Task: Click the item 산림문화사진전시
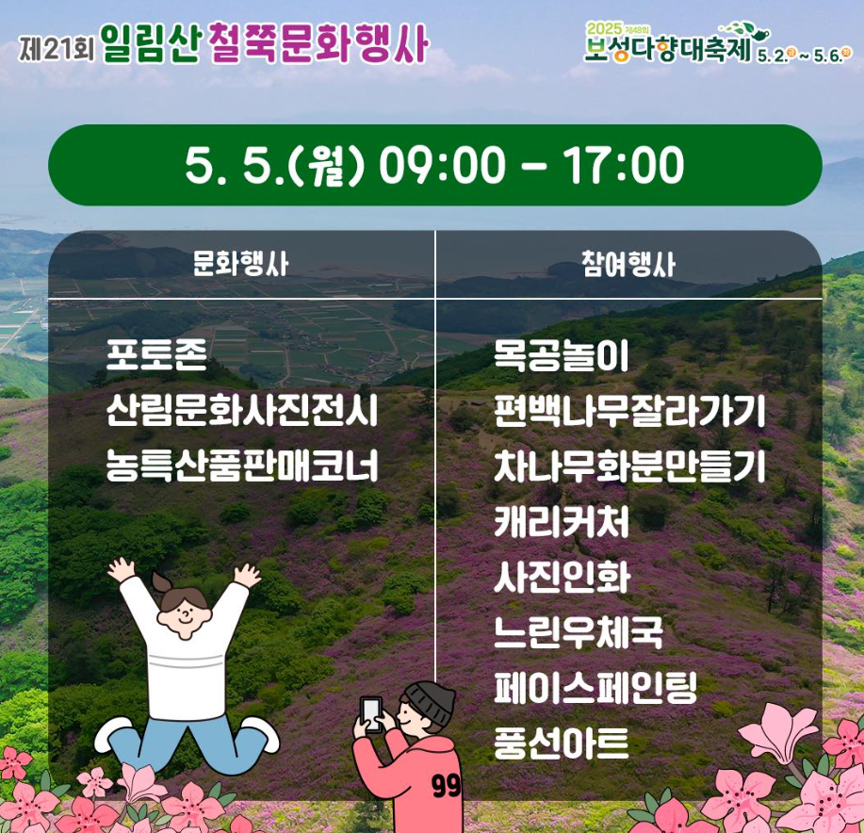242,412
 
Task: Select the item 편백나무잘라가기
629,412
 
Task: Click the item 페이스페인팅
595,687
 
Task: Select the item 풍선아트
562,743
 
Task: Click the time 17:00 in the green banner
624,167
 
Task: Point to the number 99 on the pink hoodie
447,785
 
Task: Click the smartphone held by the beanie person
373,713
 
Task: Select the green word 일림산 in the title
150,44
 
